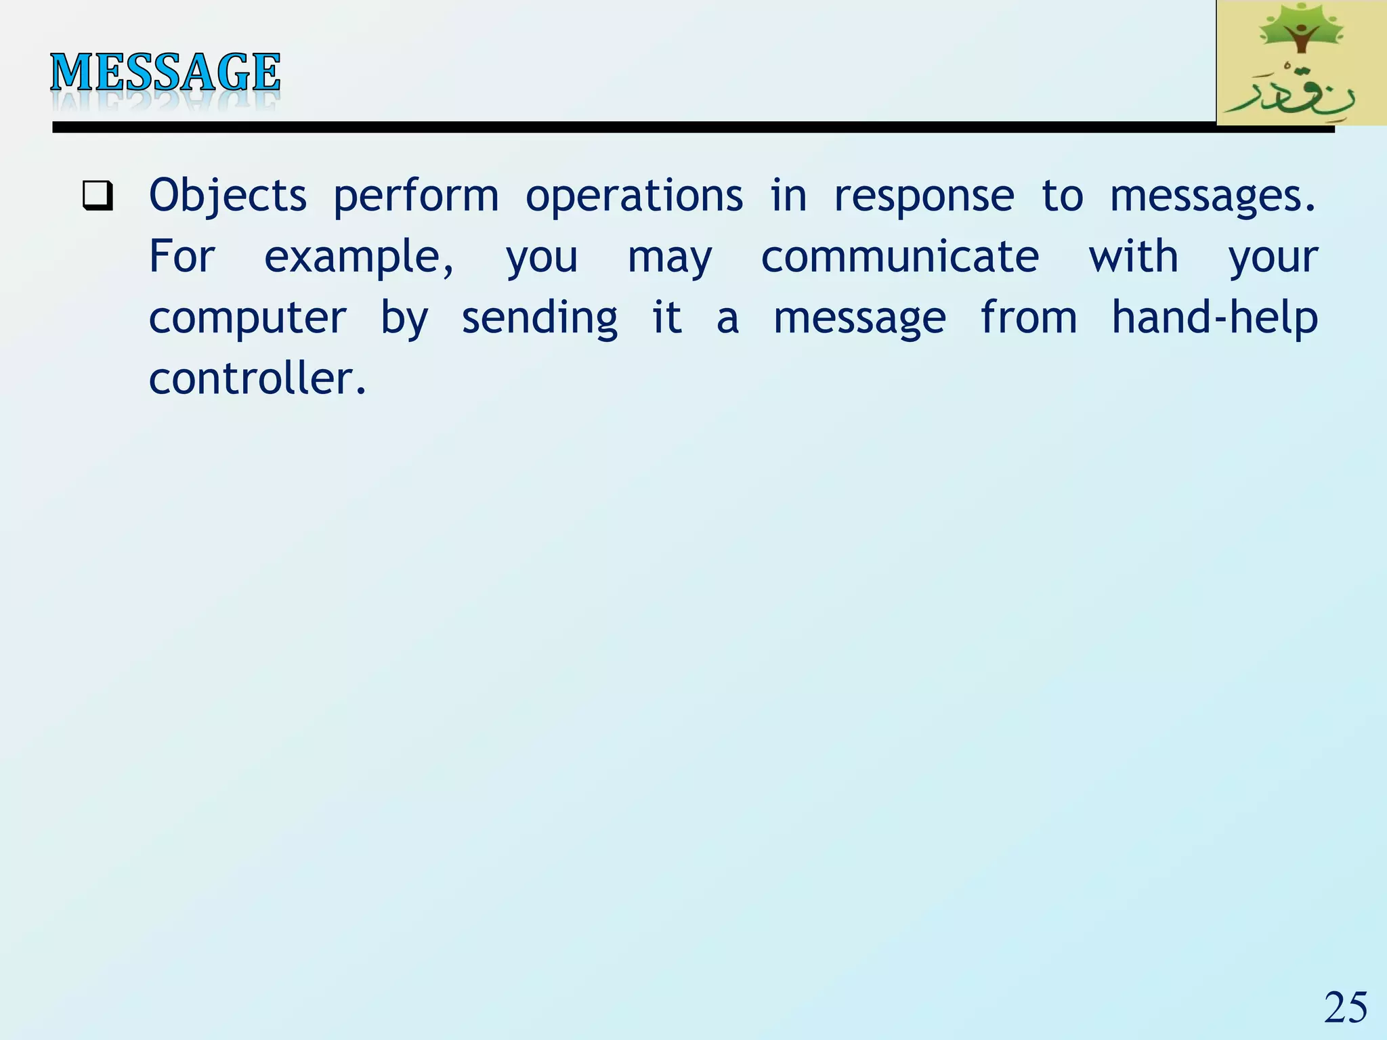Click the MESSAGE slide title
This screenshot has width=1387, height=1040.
[x=165, y=72]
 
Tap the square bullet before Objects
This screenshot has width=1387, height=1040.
[x=98, y=196]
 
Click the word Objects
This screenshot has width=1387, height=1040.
[x=228, y=196]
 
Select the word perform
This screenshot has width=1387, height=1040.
[x=416, y=196]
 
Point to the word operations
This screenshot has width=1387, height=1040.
[x=634, y=196]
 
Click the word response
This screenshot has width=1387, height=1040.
[x=924, y=196]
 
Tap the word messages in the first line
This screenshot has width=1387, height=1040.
[x=1212, y=196]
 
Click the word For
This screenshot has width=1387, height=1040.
[x=182, y=257]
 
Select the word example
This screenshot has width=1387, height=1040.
[x=358, y=257]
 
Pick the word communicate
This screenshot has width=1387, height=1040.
[x=899, y=257]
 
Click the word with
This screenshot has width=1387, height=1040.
[x=1133, y=257]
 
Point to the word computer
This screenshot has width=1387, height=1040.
[x=247, y=318]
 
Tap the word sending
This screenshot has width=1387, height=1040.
[x=539, y=318]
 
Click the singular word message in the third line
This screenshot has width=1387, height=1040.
[x=859, y=318]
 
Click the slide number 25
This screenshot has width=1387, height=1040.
[x=1345, y=1007]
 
